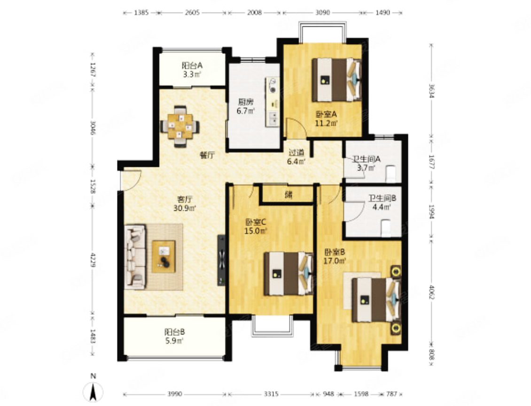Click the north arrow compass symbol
[x=93, y=391]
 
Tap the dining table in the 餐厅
[x=180, y=126]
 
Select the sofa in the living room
[x=135, y=256]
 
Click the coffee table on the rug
[x=164, y=256]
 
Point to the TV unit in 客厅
[x=221, y=260]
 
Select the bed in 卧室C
[x=289, y=273]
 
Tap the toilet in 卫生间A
[x=391, y=173]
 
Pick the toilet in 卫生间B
[x=386, y=228]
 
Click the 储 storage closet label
[x=289, y=195]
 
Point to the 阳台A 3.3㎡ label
[x=192, y=70]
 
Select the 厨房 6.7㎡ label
[x=245, y=106]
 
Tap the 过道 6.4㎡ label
[x=297, y=157]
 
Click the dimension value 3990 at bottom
[x=175, y=394]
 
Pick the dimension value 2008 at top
[x=254, y=13]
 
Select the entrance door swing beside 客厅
[x=131, y=180]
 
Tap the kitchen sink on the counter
[x=273, y=117]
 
